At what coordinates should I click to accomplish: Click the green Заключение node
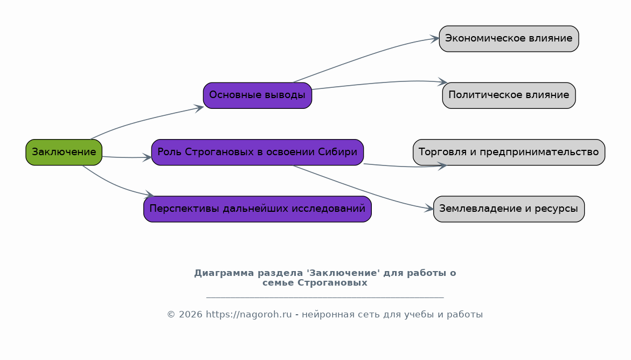pos(64,152)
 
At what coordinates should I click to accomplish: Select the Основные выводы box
pos(258,95)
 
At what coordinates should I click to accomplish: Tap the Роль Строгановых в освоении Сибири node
pos(258,152)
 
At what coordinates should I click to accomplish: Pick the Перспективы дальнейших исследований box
pos(258,209)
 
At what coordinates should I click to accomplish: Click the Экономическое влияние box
pos(509,39)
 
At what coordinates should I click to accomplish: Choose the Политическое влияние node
pos(509,95)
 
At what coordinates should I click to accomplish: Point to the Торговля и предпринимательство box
pos(509,152)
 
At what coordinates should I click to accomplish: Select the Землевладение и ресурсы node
pos(509,209)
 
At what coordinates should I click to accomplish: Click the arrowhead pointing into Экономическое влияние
pos(435,39)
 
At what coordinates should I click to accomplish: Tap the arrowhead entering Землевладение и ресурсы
pos(429,209)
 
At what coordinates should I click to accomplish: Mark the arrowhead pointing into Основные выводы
pos(199,108)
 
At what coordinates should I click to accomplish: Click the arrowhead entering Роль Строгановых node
pos(147,157)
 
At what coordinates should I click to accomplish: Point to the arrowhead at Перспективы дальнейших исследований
pos(150,194)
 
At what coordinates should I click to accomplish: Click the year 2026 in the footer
pos(190,315)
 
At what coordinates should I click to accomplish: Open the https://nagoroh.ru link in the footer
pos(249,315)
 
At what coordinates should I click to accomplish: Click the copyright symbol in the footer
pos(171,315)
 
